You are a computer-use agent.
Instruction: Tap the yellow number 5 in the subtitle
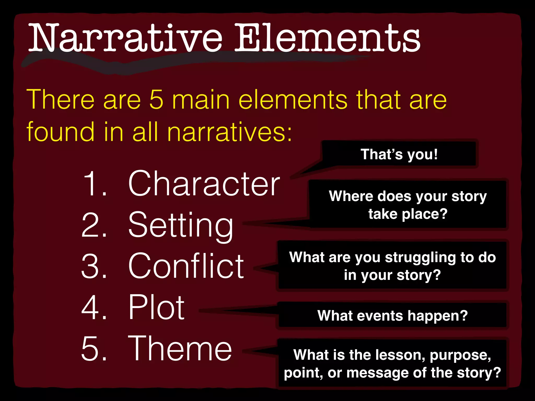[x=156, y=100]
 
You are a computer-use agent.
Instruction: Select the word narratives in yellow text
[x=229, y=132]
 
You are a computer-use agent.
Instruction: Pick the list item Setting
[x=181, y=226]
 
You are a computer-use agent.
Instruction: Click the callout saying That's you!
[x=399, y=154]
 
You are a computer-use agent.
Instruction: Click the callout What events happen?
[x=392, y=316]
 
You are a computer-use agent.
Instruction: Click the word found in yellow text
[x=60, y=132]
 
